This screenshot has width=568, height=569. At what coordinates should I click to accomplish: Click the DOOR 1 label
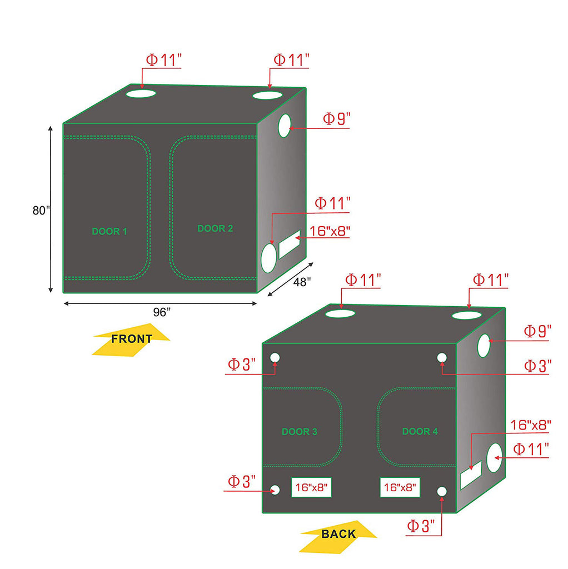coord(109,232)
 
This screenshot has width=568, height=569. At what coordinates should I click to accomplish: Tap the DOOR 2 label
coord(215,228)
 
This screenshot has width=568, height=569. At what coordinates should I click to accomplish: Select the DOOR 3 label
coord(300,432)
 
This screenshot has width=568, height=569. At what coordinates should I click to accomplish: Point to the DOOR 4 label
coord(420,431)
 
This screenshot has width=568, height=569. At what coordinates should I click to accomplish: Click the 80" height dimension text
coord(41,211)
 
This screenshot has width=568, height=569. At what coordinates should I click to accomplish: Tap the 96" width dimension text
coord(162,312)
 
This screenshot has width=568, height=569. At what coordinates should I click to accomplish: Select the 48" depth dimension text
coord(302,282)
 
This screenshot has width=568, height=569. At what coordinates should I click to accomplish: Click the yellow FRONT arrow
coord(131,340)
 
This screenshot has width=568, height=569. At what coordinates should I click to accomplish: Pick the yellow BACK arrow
coord(338,537)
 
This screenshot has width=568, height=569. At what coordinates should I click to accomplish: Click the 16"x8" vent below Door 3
coord(311,487)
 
